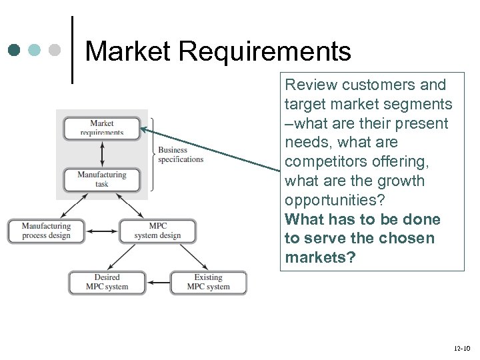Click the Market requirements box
tap(101, 127)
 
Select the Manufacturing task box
tap(101, 179)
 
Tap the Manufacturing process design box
tap(46, 231)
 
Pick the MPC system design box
tap(157, 231)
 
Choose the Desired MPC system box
tap(107, 282)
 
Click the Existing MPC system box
tap(208, 282)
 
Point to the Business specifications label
tap(180, 155)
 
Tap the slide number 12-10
tap(461, 349)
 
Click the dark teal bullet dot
tap(15, 50)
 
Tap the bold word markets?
tap(320, 258)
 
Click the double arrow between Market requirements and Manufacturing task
tap(101, 153)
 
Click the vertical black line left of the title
tap(72, 50)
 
